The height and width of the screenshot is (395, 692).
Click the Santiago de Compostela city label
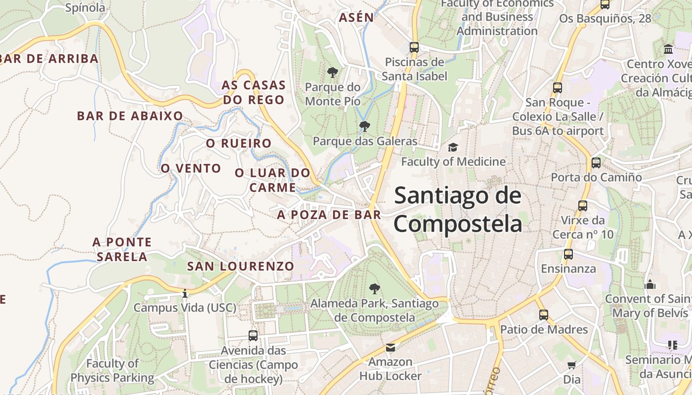pyautogui.click(x=458, y=210)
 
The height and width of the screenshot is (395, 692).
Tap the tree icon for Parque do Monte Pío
pyautogui.click(x=333, y=73)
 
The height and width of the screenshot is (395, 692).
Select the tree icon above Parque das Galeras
pyautogui.click(x=365, y=126)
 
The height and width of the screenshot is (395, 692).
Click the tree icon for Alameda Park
pyautogui.click(x=375, y=288)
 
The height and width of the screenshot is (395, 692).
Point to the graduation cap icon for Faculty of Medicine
pyautogui.click(x=453, y=147)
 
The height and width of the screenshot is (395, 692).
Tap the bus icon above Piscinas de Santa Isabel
pyautogui.click(x=414, y=47)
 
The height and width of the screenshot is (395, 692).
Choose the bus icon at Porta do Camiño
pyautogui.click(x=596, y=162)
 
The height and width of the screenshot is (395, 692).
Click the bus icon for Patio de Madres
pyautogui.click(x=544, y=315)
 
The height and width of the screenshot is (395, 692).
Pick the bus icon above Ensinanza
pyautogui.click(x=568, y=254)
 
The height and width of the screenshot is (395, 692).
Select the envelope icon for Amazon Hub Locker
pyautogui.click(x=390, y=347)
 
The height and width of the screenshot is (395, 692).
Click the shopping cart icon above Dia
pyautogui.click(x=572, y=365)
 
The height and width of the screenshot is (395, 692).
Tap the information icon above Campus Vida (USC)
pyautogui.click(x=185, y=294)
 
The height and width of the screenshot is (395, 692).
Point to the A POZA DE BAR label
pyautogui.click(x=329, y=215)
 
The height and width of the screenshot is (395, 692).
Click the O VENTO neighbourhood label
pyautogui.click(x=191, y=168)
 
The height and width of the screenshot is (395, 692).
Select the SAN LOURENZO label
pyautogui.click(x=241, y=266)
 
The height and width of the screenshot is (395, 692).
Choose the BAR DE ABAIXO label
pyautogui.click(x=130, y=116)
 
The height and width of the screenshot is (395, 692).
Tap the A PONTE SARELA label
pyautogui.click(x=122, y=249)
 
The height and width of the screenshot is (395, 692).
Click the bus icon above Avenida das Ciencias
pyautogui.click(x=253, y=336)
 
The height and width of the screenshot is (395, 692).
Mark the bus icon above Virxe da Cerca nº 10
pyautogui.click(x=583, y=205)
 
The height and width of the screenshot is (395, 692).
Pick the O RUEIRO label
pyautogui.click(x=239, y=144)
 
